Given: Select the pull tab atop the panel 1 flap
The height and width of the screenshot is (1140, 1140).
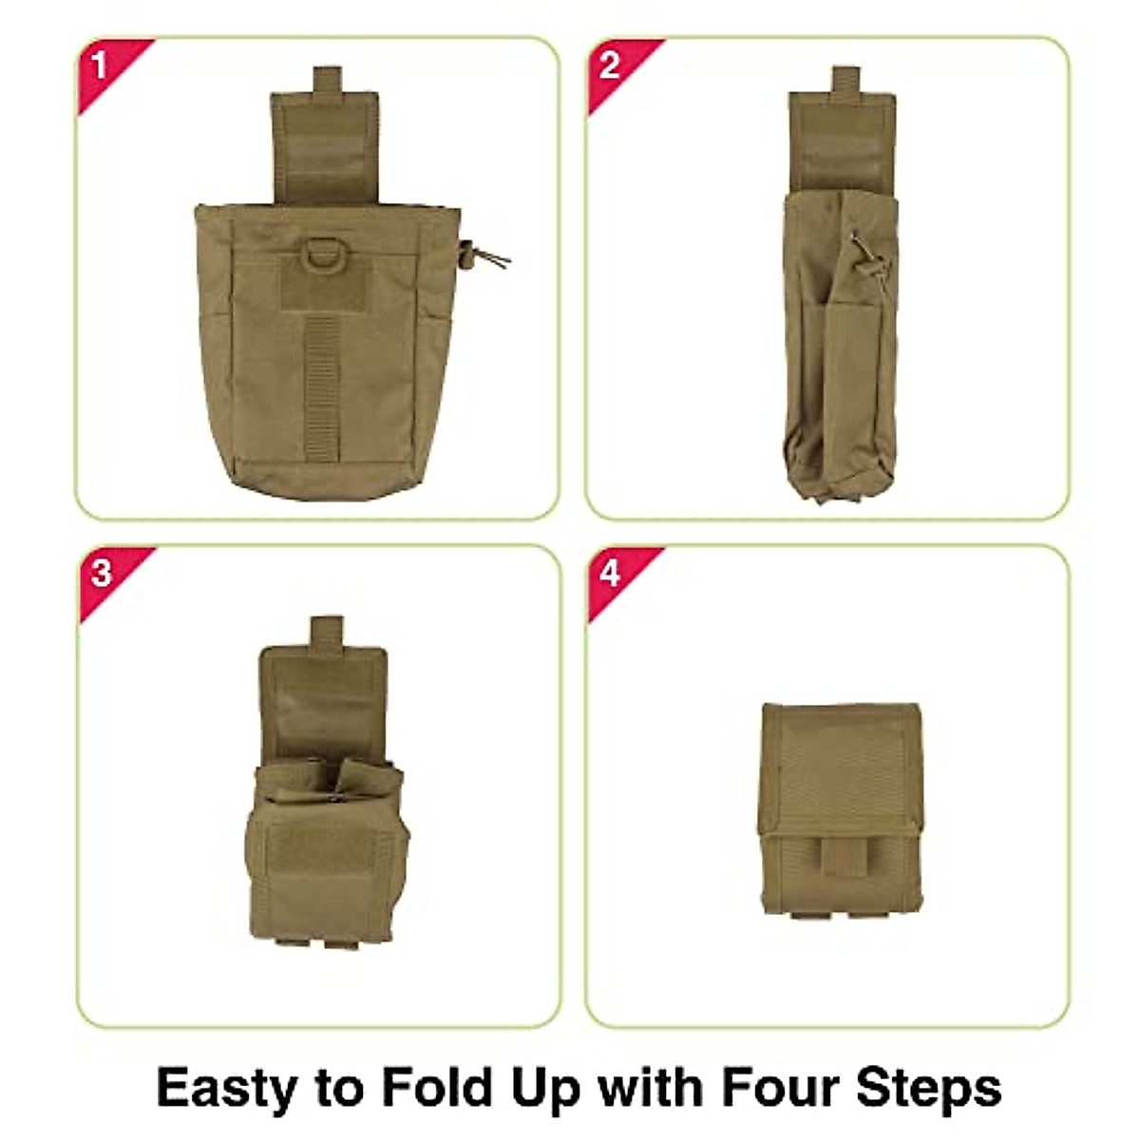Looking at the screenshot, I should pos(327,81).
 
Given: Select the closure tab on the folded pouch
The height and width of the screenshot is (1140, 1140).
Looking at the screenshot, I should pos(836,863).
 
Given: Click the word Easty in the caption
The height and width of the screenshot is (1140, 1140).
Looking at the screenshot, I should pos(226,1087).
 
